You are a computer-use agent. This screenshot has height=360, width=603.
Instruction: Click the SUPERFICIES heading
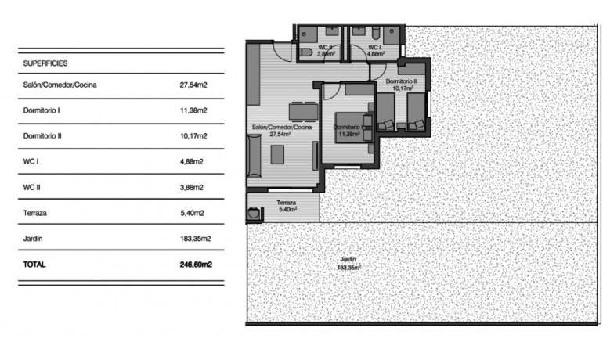[45, 63]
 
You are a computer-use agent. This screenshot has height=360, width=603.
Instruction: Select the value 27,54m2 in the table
[193, 85]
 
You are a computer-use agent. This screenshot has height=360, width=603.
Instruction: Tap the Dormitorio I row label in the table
[42, 110]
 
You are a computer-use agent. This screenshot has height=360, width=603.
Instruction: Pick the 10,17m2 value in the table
[193, 136]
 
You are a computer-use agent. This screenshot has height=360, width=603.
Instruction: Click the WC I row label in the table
[32, 162]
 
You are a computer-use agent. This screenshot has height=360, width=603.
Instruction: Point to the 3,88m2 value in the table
[192, 188]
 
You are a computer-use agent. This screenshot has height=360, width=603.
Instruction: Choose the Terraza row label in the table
[38, 213]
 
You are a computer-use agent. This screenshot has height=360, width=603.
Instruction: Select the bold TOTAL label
[35, 265]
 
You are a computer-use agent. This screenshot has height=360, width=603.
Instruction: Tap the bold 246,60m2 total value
[196, 265]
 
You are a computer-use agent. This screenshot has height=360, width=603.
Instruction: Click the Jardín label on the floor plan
[348, 259]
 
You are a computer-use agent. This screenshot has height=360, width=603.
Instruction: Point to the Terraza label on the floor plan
[286, 202]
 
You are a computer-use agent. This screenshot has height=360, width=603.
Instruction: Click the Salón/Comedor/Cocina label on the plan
[282, 127]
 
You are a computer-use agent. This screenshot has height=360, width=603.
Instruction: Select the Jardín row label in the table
[33, 239]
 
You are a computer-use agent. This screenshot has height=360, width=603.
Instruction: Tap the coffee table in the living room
[278, 154]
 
